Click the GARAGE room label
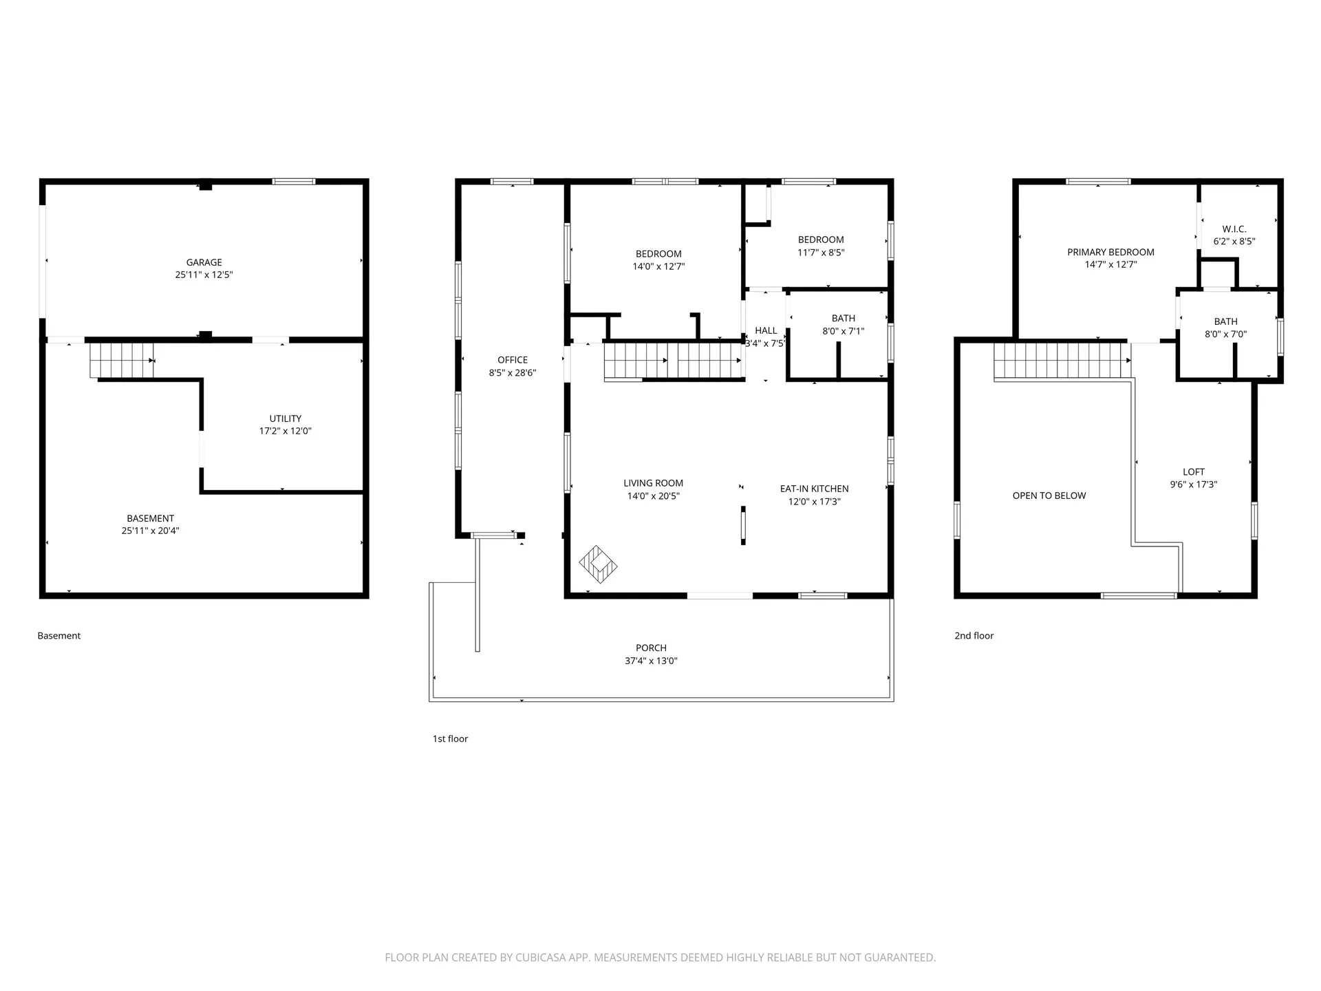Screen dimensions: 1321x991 [x=204, y=262]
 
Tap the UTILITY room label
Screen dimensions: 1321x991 [x=286, y=418]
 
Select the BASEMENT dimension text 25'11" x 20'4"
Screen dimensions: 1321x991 [x=151, y=531]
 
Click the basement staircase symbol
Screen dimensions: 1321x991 [x=122, y=360]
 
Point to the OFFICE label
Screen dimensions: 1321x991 [x=513, y=360]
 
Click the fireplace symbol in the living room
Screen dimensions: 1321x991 [x=598, y=564]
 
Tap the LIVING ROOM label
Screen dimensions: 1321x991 [x=654, y=483]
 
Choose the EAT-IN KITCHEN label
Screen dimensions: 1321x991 [x=815, y=489]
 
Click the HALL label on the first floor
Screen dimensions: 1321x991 [x=766, y=330]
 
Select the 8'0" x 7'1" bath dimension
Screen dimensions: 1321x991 [x=844, y=331]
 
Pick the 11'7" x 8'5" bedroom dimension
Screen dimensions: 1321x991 [x=821, y=253]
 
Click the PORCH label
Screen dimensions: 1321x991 [x=651, y=648]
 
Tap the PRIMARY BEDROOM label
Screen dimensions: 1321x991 [x=1111, y=252]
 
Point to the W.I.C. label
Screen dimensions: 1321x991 [x=1234, y=229]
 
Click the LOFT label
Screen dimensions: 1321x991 [x=1194, y=472]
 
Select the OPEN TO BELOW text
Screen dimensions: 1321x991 [x=1049, y=495]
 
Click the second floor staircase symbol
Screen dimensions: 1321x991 [x=1062, y=361]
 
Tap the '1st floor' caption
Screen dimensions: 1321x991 [x=450, y=738]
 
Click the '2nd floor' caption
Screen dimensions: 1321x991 [x=974, y=636]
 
